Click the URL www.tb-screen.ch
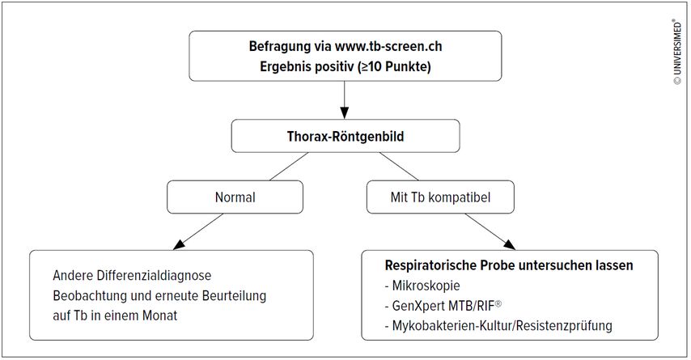[388, 46]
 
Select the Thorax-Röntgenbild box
[345, 136]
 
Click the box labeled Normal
[235, 197]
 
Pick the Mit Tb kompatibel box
[440, 197]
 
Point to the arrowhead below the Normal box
[180, 244]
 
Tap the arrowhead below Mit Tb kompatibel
[509, 244]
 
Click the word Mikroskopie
[426, 286]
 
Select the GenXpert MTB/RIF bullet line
[443, 305]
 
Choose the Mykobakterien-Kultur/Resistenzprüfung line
[498, 326]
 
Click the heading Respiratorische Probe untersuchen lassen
[509, 265]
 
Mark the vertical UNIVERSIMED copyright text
[677, 52]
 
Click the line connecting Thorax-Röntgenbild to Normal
[289, 167]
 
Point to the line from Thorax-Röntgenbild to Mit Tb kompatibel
[399, 167]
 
